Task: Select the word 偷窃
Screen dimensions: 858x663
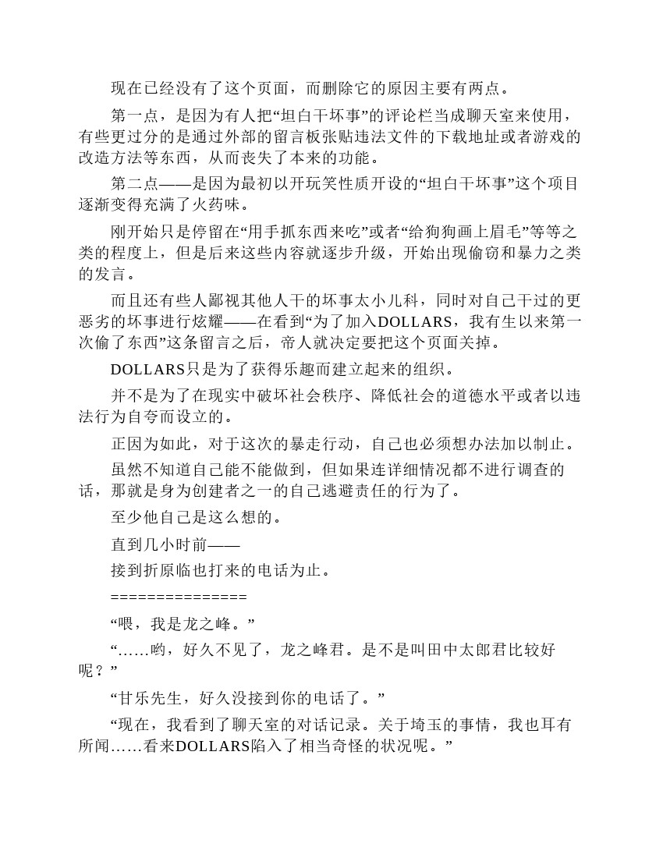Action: pyautogui.click(x=471, y=253)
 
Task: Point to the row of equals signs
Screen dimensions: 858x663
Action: pyautogui.click(x=179, y=597)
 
